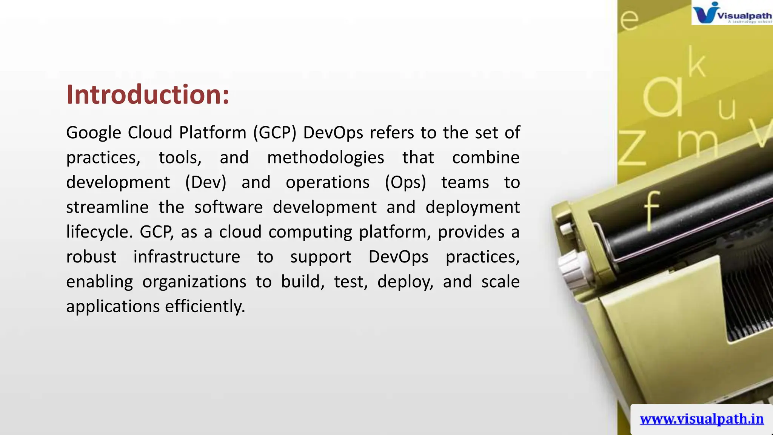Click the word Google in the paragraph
94,133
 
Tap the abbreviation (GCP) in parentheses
275,133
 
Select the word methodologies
325,158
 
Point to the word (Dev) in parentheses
206,183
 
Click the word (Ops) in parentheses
405,183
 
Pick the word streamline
107,207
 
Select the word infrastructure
186,257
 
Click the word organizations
194,282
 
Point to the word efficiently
205,306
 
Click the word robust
91,257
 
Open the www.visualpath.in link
702,419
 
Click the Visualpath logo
731,13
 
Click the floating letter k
696,62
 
